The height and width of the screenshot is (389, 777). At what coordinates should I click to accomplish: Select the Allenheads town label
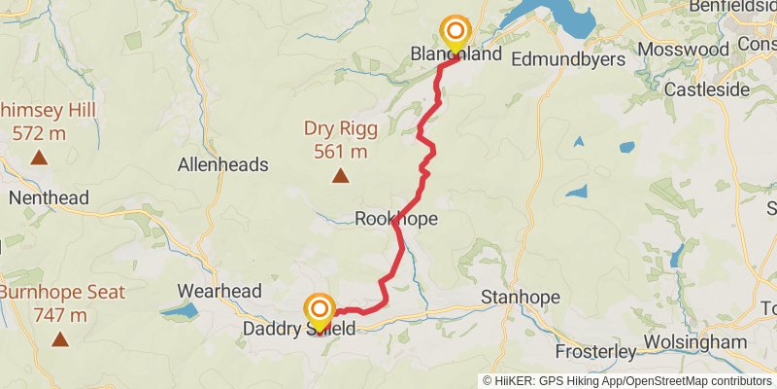tap(222, 165)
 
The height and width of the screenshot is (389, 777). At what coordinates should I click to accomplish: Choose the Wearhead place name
tap(220, 291)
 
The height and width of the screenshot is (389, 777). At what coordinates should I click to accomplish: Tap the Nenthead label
tap(49, 198)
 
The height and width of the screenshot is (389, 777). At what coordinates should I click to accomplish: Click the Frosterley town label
tap(595, 350)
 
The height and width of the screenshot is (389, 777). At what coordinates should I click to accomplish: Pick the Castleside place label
tap(707, 89)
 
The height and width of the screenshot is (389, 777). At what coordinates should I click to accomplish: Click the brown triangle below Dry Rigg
tap(340, 176)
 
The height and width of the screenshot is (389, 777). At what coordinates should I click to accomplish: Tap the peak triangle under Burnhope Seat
tap(60, 339)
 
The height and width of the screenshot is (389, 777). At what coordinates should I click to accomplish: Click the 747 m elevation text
tap(60, 315)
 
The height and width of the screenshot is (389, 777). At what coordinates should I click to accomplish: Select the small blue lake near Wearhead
tap(179, 311)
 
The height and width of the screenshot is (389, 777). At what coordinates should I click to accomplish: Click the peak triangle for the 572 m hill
tap(39, 157)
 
